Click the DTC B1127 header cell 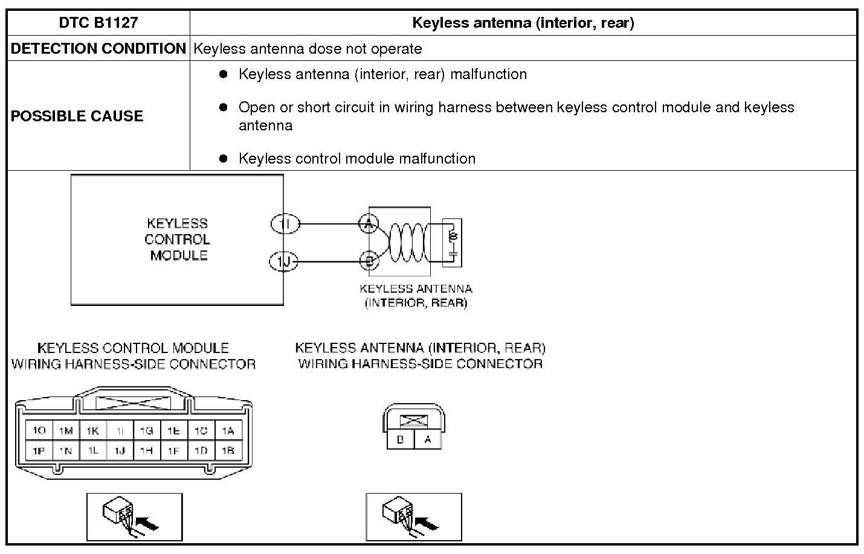click(98, 23)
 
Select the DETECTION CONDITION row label click(98, 48)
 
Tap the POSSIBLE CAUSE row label click(77, 116)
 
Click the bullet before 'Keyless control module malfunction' click(224, 158)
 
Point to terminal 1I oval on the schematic click(285, 224)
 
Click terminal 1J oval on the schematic click(283, 261)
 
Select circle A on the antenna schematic click(369, 224)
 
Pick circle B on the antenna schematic click(369, 261)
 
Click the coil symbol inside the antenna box click(407, 242)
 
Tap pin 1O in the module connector click(39, 430)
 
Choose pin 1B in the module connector click(228, 450)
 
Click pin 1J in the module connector click(120, 450)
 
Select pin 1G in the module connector click(147, 430)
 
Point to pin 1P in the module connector click(39, 450)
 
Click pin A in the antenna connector click(428, 439)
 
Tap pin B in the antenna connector click(401, 439)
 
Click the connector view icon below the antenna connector click(414, 517)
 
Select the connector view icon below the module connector click(134, 517)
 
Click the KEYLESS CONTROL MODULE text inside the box click(178, 240)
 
